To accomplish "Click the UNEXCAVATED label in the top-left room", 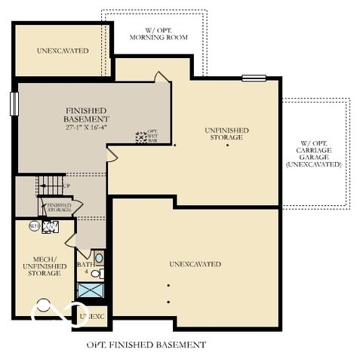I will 63,51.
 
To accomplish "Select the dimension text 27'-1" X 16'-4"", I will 87,128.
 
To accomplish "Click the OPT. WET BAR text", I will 152,136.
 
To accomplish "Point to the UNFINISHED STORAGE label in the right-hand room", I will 227,133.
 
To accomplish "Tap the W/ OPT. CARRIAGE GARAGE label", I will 315,153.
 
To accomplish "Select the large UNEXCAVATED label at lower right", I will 195,264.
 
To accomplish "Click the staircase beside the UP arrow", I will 50,183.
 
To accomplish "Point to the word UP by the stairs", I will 66,186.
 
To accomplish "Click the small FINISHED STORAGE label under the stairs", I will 59,207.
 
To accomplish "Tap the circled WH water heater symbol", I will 35,225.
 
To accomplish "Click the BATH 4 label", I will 85,268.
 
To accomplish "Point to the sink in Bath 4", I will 100,258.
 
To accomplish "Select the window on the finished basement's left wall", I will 14,104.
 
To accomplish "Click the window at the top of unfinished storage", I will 254,78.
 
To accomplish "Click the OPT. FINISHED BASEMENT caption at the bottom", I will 146,345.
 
